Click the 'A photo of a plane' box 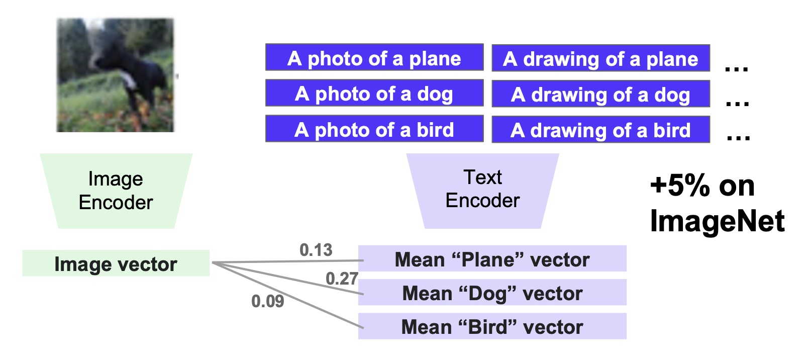pyautogui.click(x=374, y=58)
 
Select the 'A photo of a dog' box pyautogui.click(x=374, y=94)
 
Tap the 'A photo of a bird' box pyautogui.click(x=374, y=129)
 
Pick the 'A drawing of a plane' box pyautogui.click(x=600, y=58)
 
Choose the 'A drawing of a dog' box pyautogui.click(x=600, y=94)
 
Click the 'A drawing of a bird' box pyautogui.click(x=600, y=130)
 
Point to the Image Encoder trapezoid pyautogui.click(x=116, y=191)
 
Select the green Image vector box pyautogui.click(x=116, y=263)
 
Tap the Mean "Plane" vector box pyautogui.click(x=492, y=259)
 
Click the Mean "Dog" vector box pyautogui.click(x=492, y=293)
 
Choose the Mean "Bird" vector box pyautogui.click(x=492, y=326)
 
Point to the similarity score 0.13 pyautogui.click(x=316, y=249)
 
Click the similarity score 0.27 pyautogui.click(x=342, y=278)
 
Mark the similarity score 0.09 pyautogui.click(x=268, y=301)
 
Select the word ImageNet pyautogui.click(x=717, y=221)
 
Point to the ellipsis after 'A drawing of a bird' pyautogui.click(x=738, y=137)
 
